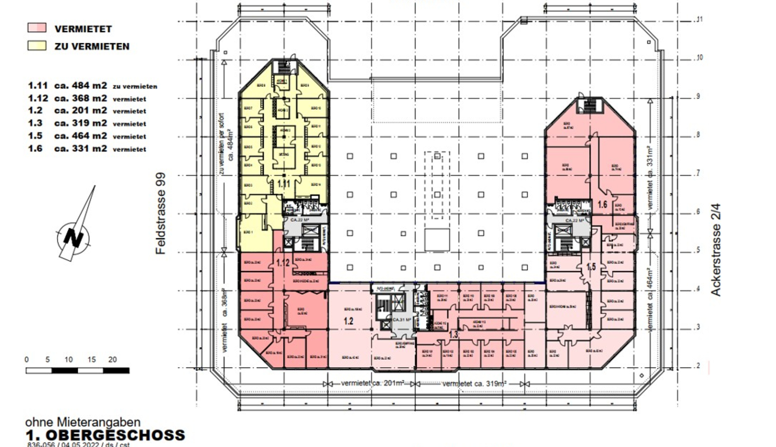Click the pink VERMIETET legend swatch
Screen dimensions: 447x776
(x=37, y=28)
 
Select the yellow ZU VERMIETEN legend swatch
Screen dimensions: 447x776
(x=37, y=46)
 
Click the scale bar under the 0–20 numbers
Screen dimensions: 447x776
(x=77, y=371)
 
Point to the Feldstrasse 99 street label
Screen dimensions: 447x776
(x=161, y=213)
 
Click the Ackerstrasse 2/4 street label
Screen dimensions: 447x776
(x=715, y=249)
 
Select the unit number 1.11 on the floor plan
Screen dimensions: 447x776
(x=283, y=184)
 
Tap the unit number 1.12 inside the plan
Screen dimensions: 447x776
(x=282, y=263)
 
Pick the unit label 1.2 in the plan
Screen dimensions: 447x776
(x=349, y=321)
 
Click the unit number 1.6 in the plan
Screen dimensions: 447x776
(x=602, y=205)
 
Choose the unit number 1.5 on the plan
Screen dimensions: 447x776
(x=591, y=267)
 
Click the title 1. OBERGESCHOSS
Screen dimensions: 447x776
(x=105, y=435)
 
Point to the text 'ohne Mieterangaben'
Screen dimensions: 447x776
(x=83, y=422)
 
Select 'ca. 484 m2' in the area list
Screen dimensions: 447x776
(x=80, y=86)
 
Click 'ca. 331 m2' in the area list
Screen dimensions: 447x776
(x=80, y=149)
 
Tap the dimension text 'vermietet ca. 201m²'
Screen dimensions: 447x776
(x=372, y=383)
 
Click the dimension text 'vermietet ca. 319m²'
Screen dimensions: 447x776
(x=474, y=384)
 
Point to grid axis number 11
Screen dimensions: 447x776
(x=700, y=20)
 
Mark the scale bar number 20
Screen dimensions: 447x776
(x=112, y=360)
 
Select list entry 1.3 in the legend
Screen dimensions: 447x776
(x=35, y=123)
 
